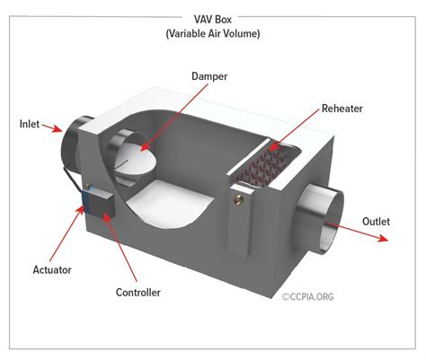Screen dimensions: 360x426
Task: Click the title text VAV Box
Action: [213, 18]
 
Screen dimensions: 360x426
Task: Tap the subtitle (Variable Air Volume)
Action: [213, 33]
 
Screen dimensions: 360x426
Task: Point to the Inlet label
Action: [31, 123]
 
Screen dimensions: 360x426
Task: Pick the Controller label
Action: [138, 292]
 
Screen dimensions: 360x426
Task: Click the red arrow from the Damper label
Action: [176, 118]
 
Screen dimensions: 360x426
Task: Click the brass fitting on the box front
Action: [238, 190]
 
